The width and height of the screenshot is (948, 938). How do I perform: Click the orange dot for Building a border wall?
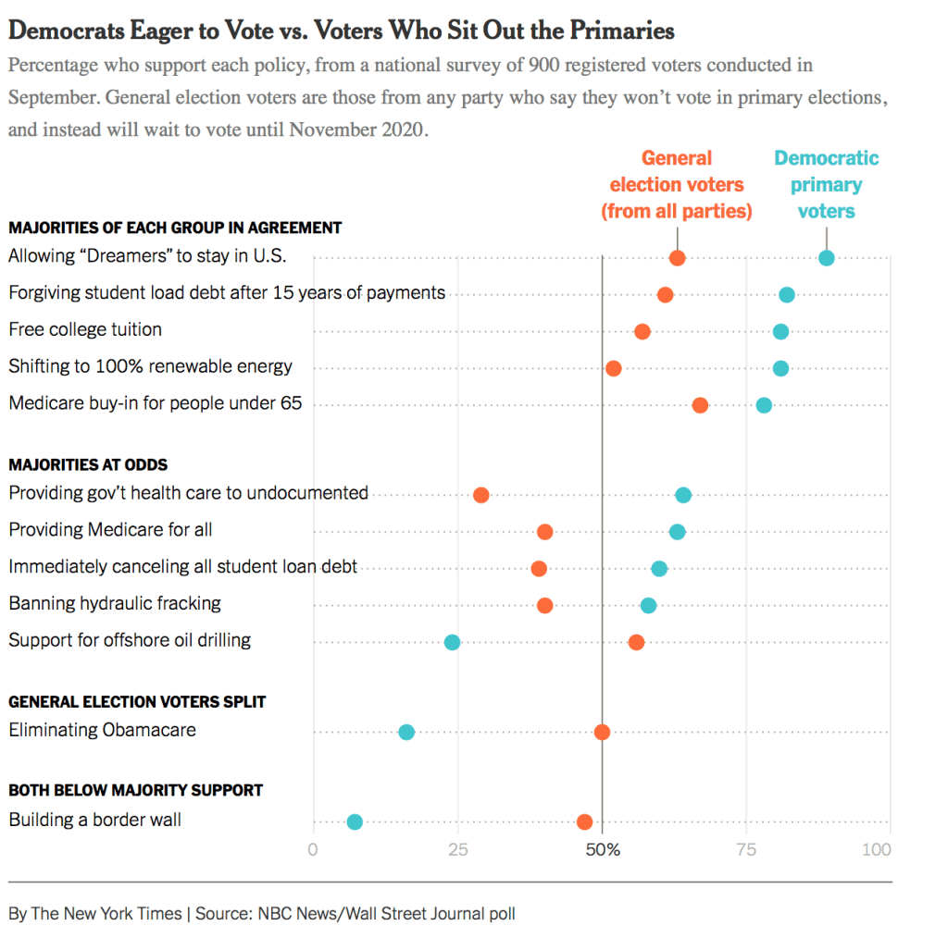(x=584, y=821)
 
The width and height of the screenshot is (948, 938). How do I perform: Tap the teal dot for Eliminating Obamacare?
(x=406, y=732)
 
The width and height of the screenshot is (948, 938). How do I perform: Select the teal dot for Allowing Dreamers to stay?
(x=827, y=258)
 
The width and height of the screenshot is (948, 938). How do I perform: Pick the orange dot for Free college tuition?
(x=642, y=331)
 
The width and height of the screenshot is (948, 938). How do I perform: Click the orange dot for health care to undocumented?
(x=481, y=495)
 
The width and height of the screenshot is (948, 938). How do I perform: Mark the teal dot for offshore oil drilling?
(x=452, y=642)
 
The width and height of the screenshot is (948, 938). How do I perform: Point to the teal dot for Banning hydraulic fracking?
(x=648, y=605)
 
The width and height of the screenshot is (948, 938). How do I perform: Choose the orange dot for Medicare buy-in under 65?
(x=700, y=405)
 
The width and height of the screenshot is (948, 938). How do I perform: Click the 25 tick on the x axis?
(x=457, y=849)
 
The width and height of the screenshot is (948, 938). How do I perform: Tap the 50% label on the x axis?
(x=602, y=849)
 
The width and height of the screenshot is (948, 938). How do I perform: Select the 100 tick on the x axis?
(x=877, y=849)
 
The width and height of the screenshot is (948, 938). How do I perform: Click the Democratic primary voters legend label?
(x=826, y=185)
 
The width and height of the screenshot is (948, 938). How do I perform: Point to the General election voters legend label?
(x=677, y=185)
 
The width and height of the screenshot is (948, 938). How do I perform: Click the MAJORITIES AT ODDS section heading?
(x=88, y=464)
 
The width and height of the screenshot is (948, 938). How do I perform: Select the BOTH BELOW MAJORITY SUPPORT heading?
(x=135, y=790)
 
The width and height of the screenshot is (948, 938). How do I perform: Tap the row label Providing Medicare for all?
(x=110, y=530)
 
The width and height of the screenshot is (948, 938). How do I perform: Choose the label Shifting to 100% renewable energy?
(x=150, y=366)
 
